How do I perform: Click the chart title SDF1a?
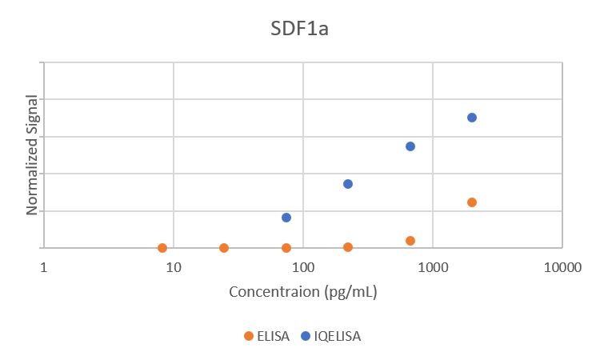(x=300, y=30)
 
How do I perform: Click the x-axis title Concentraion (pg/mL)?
(x=303, y=291)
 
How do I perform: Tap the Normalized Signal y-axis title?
(x=33, y=154)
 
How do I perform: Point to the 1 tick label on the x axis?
(x=44, y=269)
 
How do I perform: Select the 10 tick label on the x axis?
(x=173, y=269)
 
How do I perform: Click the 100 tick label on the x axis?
(x=302, y=269)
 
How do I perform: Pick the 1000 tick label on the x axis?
(x=432, y=269)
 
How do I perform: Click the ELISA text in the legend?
(x=273, y=336)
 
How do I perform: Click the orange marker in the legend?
(x=249, y=336)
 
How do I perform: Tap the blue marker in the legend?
(x=306, y=336)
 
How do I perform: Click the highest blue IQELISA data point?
(x=472, y=118)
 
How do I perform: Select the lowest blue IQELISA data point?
(x=286, y=218)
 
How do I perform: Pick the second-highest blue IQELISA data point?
(x=410, y=146)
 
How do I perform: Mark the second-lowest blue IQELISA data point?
(x=348, y=184)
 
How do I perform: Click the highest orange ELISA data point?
(x=472, y=202)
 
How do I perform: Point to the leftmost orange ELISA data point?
(x=162, y=248)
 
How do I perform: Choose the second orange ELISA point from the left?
(x=224, y=248)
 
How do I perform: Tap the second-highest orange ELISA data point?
(x=410, y=241)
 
